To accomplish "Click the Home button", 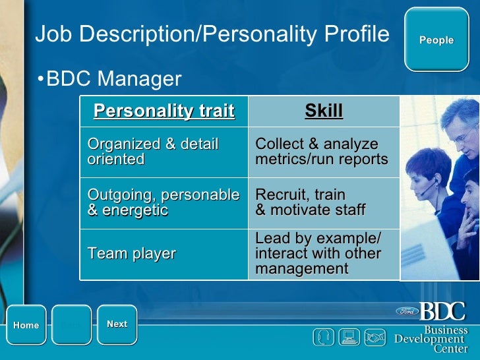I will tap(26, 325).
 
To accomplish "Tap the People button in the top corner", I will tap(436, 40).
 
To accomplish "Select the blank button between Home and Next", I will tap(71, 325).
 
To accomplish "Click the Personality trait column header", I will tap(164, 111).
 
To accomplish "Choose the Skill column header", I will tap(324, 111).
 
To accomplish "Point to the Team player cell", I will tap(132, 253).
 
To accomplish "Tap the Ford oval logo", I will tap(406, 311).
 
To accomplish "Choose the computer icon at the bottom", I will tap(348, 337).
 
